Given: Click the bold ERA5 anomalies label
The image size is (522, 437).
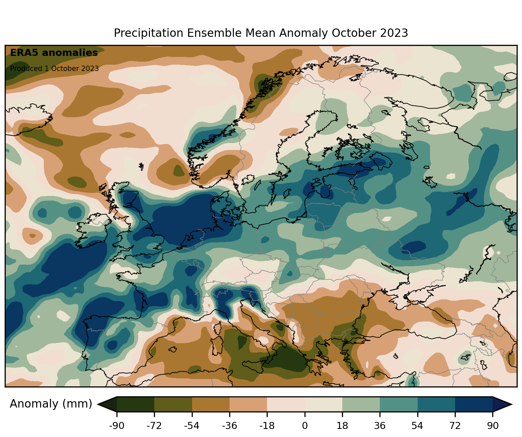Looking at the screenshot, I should [x=54, y=53].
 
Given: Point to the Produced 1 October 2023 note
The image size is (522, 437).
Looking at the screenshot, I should [x=54, y=69].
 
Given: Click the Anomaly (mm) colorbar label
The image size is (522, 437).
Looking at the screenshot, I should [x=51, y=404].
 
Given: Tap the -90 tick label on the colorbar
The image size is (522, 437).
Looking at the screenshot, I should [x=116, y=426].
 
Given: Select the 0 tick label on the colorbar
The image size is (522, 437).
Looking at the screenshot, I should [x=304, y=426].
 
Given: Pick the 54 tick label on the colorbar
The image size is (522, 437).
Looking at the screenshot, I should [x=417, y=426].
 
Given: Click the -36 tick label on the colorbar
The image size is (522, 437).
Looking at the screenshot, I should [x=229, y=426].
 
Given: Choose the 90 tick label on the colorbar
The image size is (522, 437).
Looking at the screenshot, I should [x=493, y=426].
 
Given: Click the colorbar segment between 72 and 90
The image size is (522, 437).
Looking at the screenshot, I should [x=474, y=404].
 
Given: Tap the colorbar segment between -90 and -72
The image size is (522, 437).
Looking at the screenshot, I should [x=136, y=404].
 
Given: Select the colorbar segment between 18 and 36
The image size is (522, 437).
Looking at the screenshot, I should [x=361, y=404].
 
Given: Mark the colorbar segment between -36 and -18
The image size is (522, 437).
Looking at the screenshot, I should [x=248, y=404].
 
